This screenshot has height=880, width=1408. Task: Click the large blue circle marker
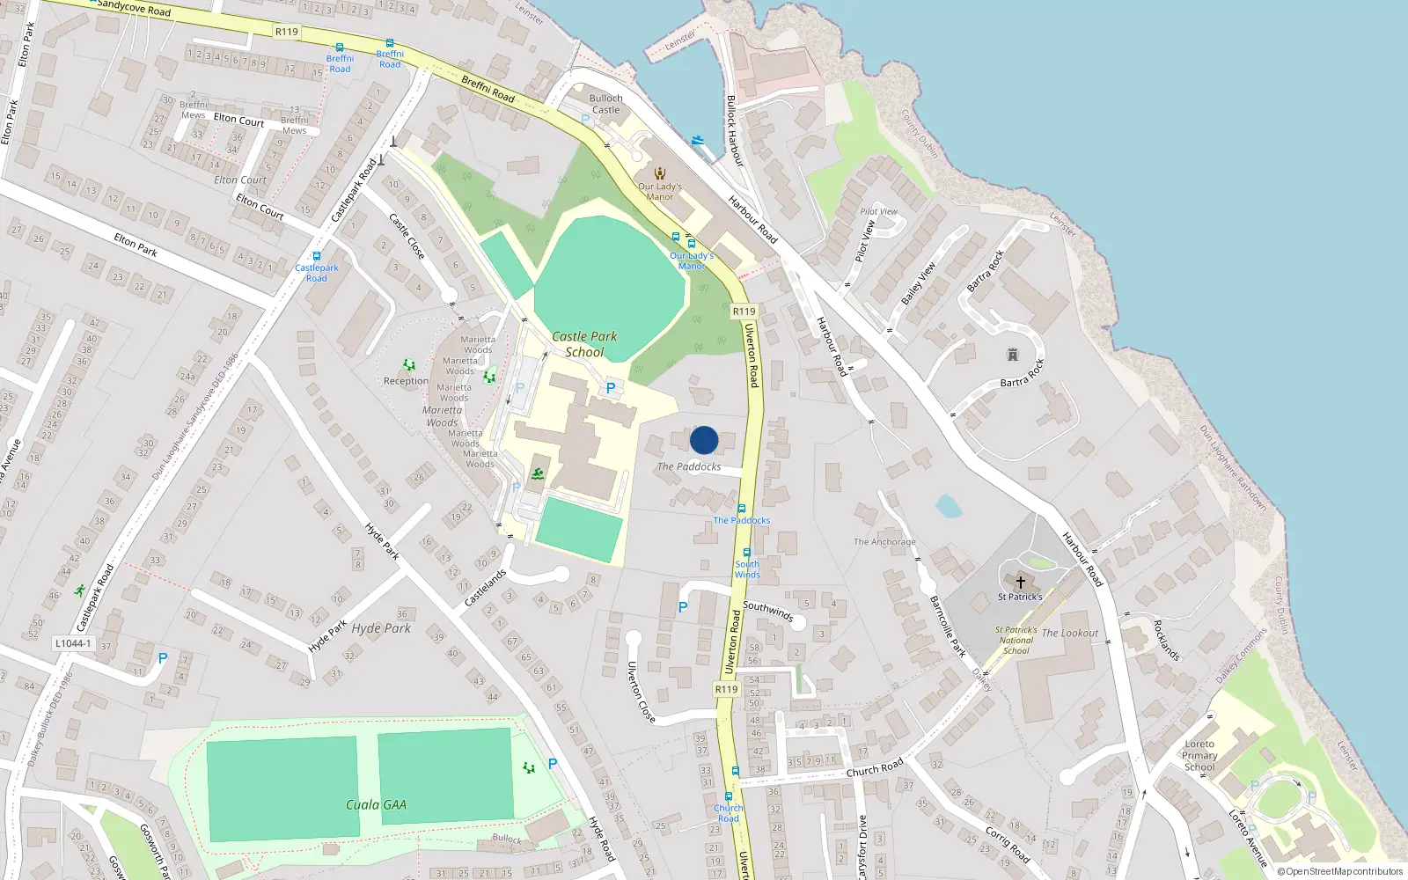pyautogui.click(x=704, y=440)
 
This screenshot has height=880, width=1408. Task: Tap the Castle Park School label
pyautogui.click(x=584, y=344)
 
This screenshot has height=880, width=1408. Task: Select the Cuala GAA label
pyautogui.click(x=376, y=804)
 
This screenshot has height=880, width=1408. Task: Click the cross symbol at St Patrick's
pyautogui.click(x=1021, y=582)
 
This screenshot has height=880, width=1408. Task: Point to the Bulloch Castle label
pyautogui.click(x=605, y=104)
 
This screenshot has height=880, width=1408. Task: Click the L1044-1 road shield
pyautogui.click(x=73, y=643)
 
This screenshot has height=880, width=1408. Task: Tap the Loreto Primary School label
pyautogui.click(x=1199, y=755)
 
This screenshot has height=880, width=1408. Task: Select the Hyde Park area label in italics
pyautogui.click(x=381, y=628)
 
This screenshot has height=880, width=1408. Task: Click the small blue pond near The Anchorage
pyautogui.click(x=948, y=506)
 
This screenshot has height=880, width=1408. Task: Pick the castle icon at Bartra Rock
pyautogui.click(x=1012, y=355)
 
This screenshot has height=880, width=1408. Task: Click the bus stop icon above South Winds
pyautogui.click(x=746, y=553)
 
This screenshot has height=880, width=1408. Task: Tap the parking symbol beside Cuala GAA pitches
pyautogui.click(x=553, y=764)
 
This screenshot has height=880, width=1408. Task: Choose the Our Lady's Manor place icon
pyautogui.click(x=660, y=173)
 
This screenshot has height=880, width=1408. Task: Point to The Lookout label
pyautogui.click(x=1070, y=633)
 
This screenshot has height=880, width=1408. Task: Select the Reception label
pyautogui.click(x=406, y=381)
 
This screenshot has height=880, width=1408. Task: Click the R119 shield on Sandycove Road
pyautogui.click(x=287, y=32)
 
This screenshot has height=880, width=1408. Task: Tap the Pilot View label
pyautogui.click(x=878, y=211)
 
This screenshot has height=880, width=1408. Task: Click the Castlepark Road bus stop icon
pyautogui.click(x=317, y=256)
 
